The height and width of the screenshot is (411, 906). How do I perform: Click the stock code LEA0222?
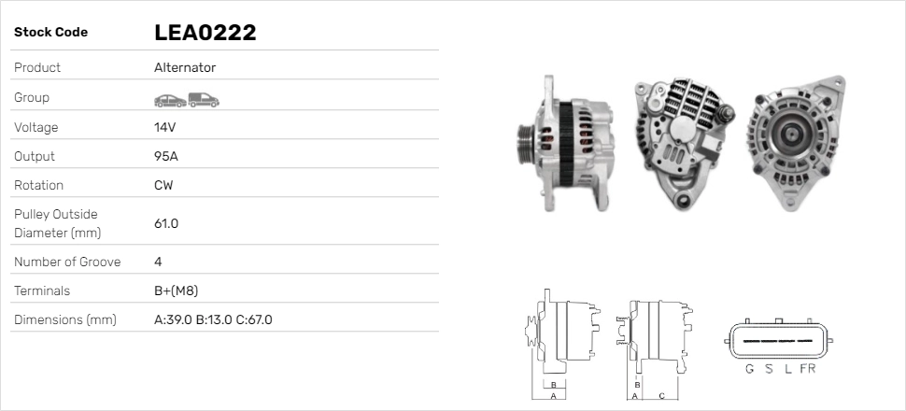pyautogui.click(x=205, y=33)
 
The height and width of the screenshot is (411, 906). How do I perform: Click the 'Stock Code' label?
pyautogui.click(x=50, y=33)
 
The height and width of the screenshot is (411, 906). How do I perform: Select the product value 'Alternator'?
pyautogui.click(x=185, y=68)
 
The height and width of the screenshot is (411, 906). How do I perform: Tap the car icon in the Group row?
pyautogui.click(x=169, y=99)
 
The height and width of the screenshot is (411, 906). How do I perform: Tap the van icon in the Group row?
pyautogui.click(x=204, y=99)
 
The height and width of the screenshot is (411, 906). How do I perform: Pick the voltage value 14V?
pyautogui.click(x=165, y=127)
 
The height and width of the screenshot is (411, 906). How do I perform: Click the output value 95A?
pyautogui.click(x=165, y=156)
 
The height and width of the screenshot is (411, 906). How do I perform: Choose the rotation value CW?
pyautogui.click(x=163, y=185)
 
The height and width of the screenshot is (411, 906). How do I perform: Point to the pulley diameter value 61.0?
pyautogui.click(x=166, y=223)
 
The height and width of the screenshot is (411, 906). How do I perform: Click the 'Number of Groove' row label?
pyautogui.click(x=67, y=262)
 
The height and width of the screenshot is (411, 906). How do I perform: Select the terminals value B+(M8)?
pyautogui.click(x=176, y=291)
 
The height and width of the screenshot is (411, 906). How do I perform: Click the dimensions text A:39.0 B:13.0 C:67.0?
pyautogui.click(x=213, y=320)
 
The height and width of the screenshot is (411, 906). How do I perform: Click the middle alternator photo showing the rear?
pyautogui.click(x=683, y=140)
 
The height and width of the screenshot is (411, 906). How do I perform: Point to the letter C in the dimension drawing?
pyautogui.click(x=661, y=396)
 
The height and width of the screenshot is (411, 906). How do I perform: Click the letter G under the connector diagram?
pyautogui.click(x=749, y=369)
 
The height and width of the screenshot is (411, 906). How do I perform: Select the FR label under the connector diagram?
pyautogui.click(x=807, y=369)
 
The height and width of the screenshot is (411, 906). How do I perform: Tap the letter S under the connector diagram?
pyautogui.click(x=769, y=369)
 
